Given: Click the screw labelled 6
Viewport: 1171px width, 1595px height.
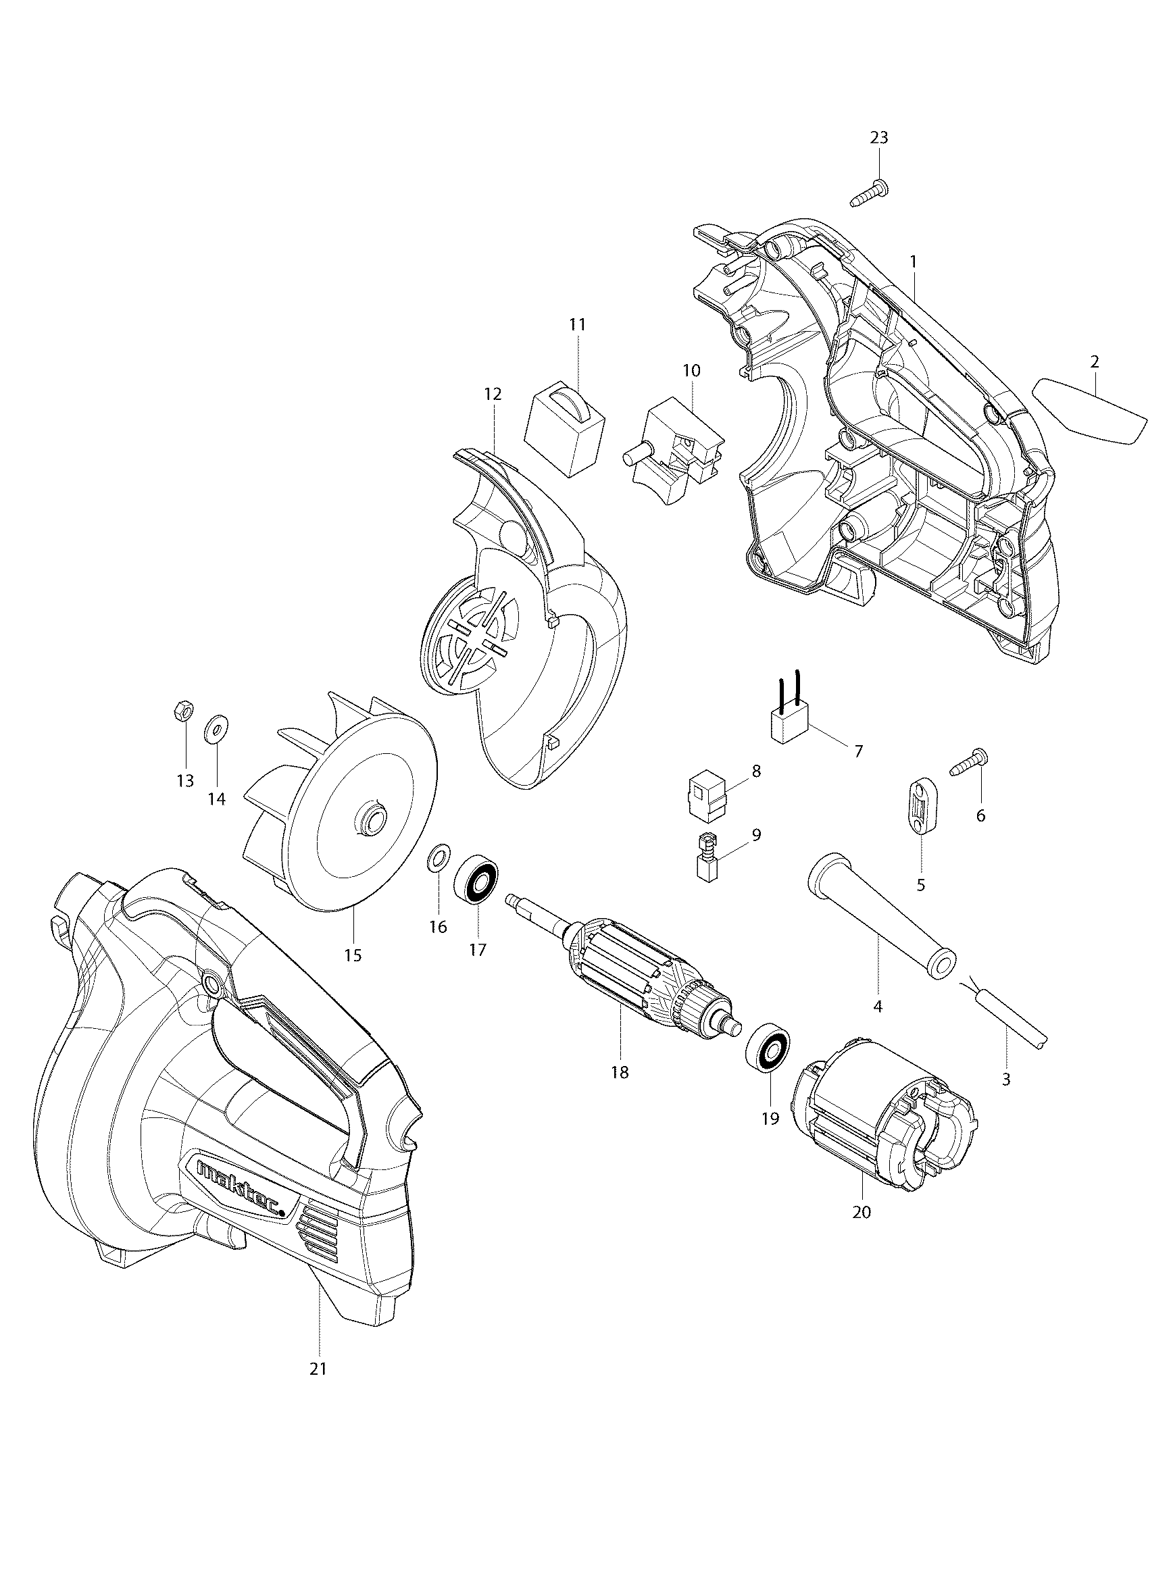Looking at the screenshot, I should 967,765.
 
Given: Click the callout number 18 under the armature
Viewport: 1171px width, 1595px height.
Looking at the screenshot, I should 620,1072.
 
